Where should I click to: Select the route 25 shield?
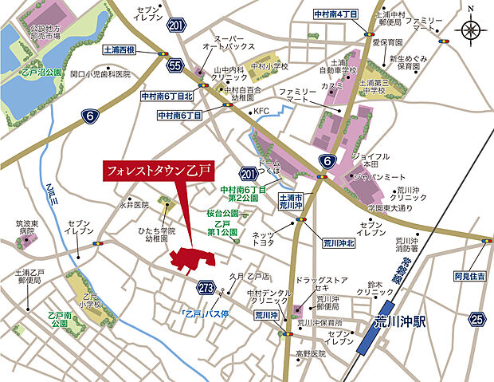click(476, 320)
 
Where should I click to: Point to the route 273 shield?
click(206, 286)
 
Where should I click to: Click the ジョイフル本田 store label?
click(370, 160)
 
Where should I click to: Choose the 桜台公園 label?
click(223, 215)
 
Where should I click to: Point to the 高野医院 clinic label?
click(308, 352)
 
